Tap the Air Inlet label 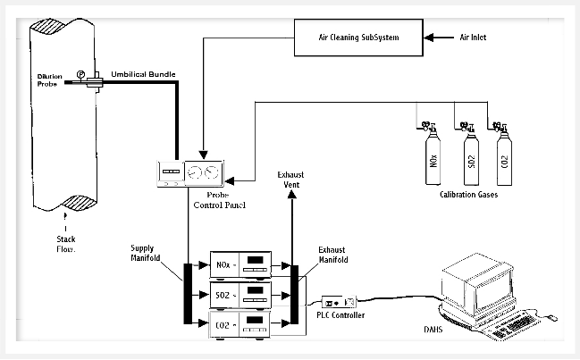pyautogui.click(x=473, y=38)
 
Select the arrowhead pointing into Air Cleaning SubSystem pyautogui.click(x=429, y=38)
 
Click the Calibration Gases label pyautogui.click(x=468, y=195)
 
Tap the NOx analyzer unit pyautogui.click(x=240, y=264)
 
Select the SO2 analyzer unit pyautogui.click(x=240, y=295)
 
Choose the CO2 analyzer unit pyautogui.click(x=240, y=325)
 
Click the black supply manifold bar pyautogui.click(x=188, y=294)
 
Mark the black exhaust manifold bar pyautogui.click(x=294, y=294)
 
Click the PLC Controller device pyautogui.click(x=339, y=302)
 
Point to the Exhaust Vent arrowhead pyautogui.click(x=292, y=194)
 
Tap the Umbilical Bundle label pyautogui.click(x=143, y=74)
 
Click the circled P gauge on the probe pyautogui.click(x=80, y=74)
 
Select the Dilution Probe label pyautogui.click(x=49, y=80)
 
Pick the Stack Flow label pyautogui.click(x=66, y=244)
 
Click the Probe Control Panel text pyautogui.click(x=219, y=200)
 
